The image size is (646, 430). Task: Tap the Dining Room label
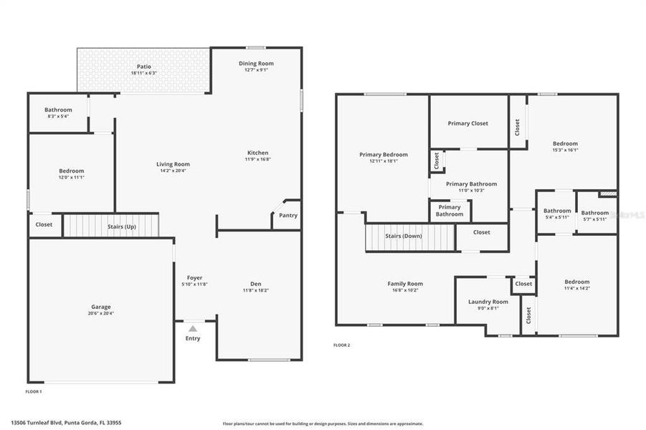tap(256, 64)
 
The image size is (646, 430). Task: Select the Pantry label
tap(288, 216)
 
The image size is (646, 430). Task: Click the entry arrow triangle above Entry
tap(192, 328)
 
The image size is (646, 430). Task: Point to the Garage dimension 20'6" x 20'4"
tap(100, 313)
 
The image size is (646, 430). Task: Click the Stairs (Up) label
tap(121, 226)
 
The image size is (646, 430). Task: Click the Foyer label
tap(194, 278)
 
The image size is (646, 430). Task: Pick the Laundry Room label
tap(488, 302)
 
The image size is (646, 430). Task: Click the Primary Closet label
tap(467, 123)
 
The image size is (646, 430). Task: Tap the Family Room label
tap(405, 284)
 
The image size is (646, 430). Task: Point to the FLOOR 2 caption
tap(341, 345)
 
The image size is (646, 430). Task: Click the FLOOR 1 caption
tap(34, 392)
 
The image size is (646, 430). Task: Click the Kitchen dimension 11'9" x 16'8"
tap(257, 159)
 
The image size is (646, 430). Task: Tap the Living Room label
tap(173, 164)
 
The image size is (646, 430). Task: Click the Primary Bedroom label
tap(384, 155)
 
